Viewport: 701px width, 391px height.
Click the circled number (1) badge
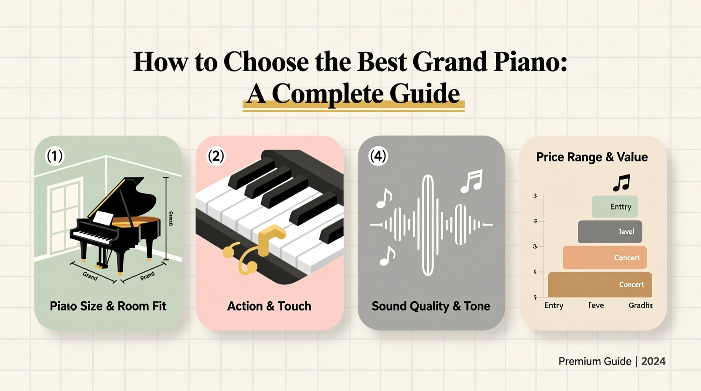pos(54,156)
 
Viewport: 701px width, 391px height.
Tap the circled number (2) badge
pos(216,156)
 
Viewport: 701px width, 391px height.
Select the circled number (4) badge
pos(378,156)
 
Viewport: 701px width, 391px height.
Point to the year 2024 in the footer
pos(653,361)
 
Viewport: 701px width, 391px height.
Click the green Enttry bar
pos(615,206)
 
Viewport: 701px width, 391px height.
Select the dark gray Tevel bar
pos(610,232)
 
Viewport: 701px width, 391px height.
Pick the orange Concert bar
pos(605,257)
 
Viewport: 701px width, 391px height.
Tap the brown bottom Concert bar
pos(599,284)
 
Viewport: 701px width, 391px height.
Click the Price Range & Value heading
pos(591,157)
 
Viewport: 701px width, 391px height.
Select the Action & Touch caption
pos(269,306)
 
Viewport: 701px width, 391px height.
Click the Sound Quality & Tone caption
pos(431,306)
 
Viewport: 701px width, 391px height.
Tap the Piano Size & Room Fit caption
pos(108,306)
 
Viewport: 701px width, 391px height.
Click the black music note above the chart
pos(621,183)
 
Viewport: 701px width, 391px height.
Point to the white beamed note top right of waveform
pos(471,181)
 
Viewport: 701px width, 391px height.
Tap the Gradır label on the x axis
pos(640,305)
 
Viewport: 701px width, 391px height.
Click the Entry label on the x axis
pos(554,305)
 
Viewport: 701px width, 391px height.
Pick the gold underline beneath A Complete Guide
pos(353,108)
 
